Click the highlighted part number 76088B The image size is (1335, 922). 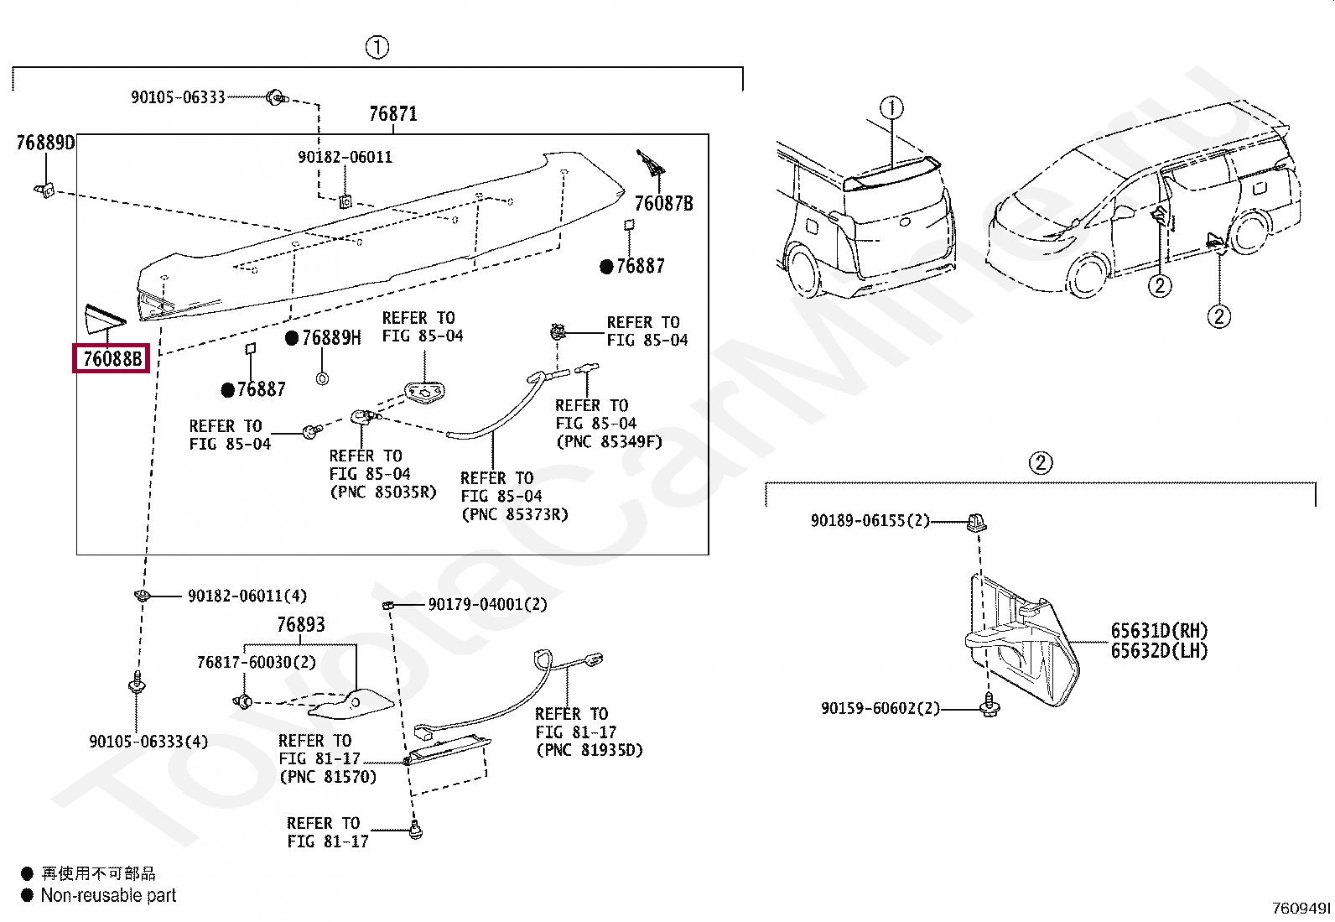pos(112,359)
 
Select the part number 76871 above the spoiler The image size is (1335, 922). pos(393,114)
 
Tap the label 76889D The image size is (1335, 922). pos(45,143)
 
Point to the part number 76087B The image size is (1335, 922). pos(663,204)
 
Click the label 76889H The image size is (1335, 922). pos(331,338)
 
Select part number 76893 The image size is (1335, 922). pos(300,625)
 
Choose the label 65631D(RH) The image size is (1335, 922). pos(1159,631)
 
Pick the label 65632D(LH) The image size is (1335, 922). pos(1159,651)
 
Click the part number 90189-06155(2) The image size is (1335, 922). pos(870,521)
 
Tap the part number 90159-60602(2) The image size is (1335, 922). pos(880,709)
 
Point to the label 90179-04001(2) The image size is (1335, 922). pos(487,605)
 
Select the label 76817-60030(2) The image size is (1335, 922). pos(256,663)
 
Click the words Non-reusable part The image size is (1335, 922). pos(108,896)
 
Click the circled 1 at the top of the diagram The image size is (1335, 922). pos(377,48)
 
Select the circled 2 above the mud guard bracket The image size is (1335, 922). pos(1040,463)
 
